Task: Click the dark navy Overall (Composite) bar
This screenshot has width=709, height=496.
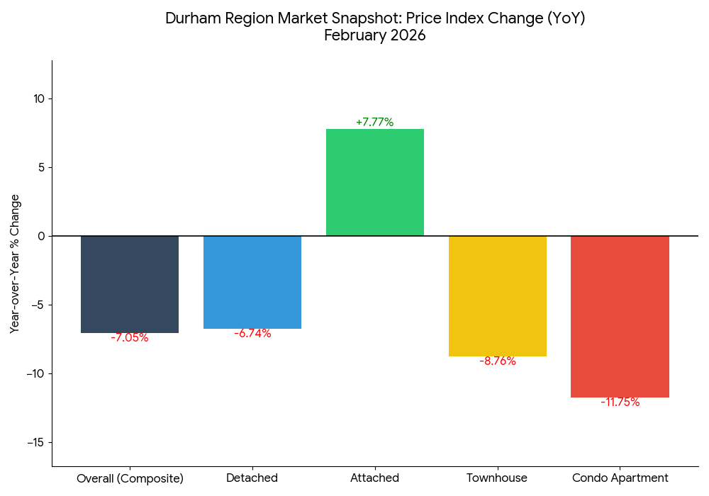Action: pyautogui.click(x=130, y=284)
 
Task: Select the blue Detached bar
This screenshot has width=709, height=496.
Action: pyautogui.click(x=252, y=282)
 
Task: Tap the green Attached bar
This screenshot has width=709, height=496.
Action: pyautogui.click(x=374, y=182)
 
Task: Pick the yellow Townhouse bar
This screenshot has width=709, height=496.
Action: pyautogui.click(x=498, y=295)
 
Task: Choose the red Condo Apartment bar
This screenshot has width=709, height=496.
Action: pyautogui.click(x=620, y=316)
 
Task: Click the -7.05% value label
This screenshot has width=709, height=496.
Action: pyautogui.click(x=130, y=338)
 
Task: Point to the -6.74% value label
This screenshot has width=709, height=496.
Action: pyautogui.click(x=252, y=334)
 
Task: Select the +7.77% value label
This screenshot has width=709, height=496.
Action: pyautogui.click(x=374, y=122)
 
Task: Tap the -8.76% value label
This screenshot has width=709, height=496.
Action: pyautogui.click(x=498, y=361)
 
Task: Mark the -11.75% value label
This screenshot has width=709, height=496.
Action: pyautogui.click(x=620, y=402)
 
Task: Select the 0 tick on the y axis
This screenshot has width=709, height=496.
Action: pyautogui.click(x=40, y=236)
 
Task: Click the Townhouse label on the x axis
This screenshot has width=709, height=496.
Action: pyautogui.click(x=497, y=478)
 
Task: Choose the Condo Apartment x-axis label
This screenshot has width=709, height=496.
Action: pyautogui.click(x=620, y=478)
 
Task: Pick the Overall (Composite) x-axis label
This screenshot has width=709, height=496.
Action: pyautogui.click(x=130, y=478)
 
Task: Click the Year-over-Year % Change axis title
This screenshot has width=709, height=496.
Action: pyautogui.click(x=15, y=264)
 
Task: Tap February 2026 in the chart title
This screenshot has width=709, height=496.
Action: pyautogui.click(x=374, y=35)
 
